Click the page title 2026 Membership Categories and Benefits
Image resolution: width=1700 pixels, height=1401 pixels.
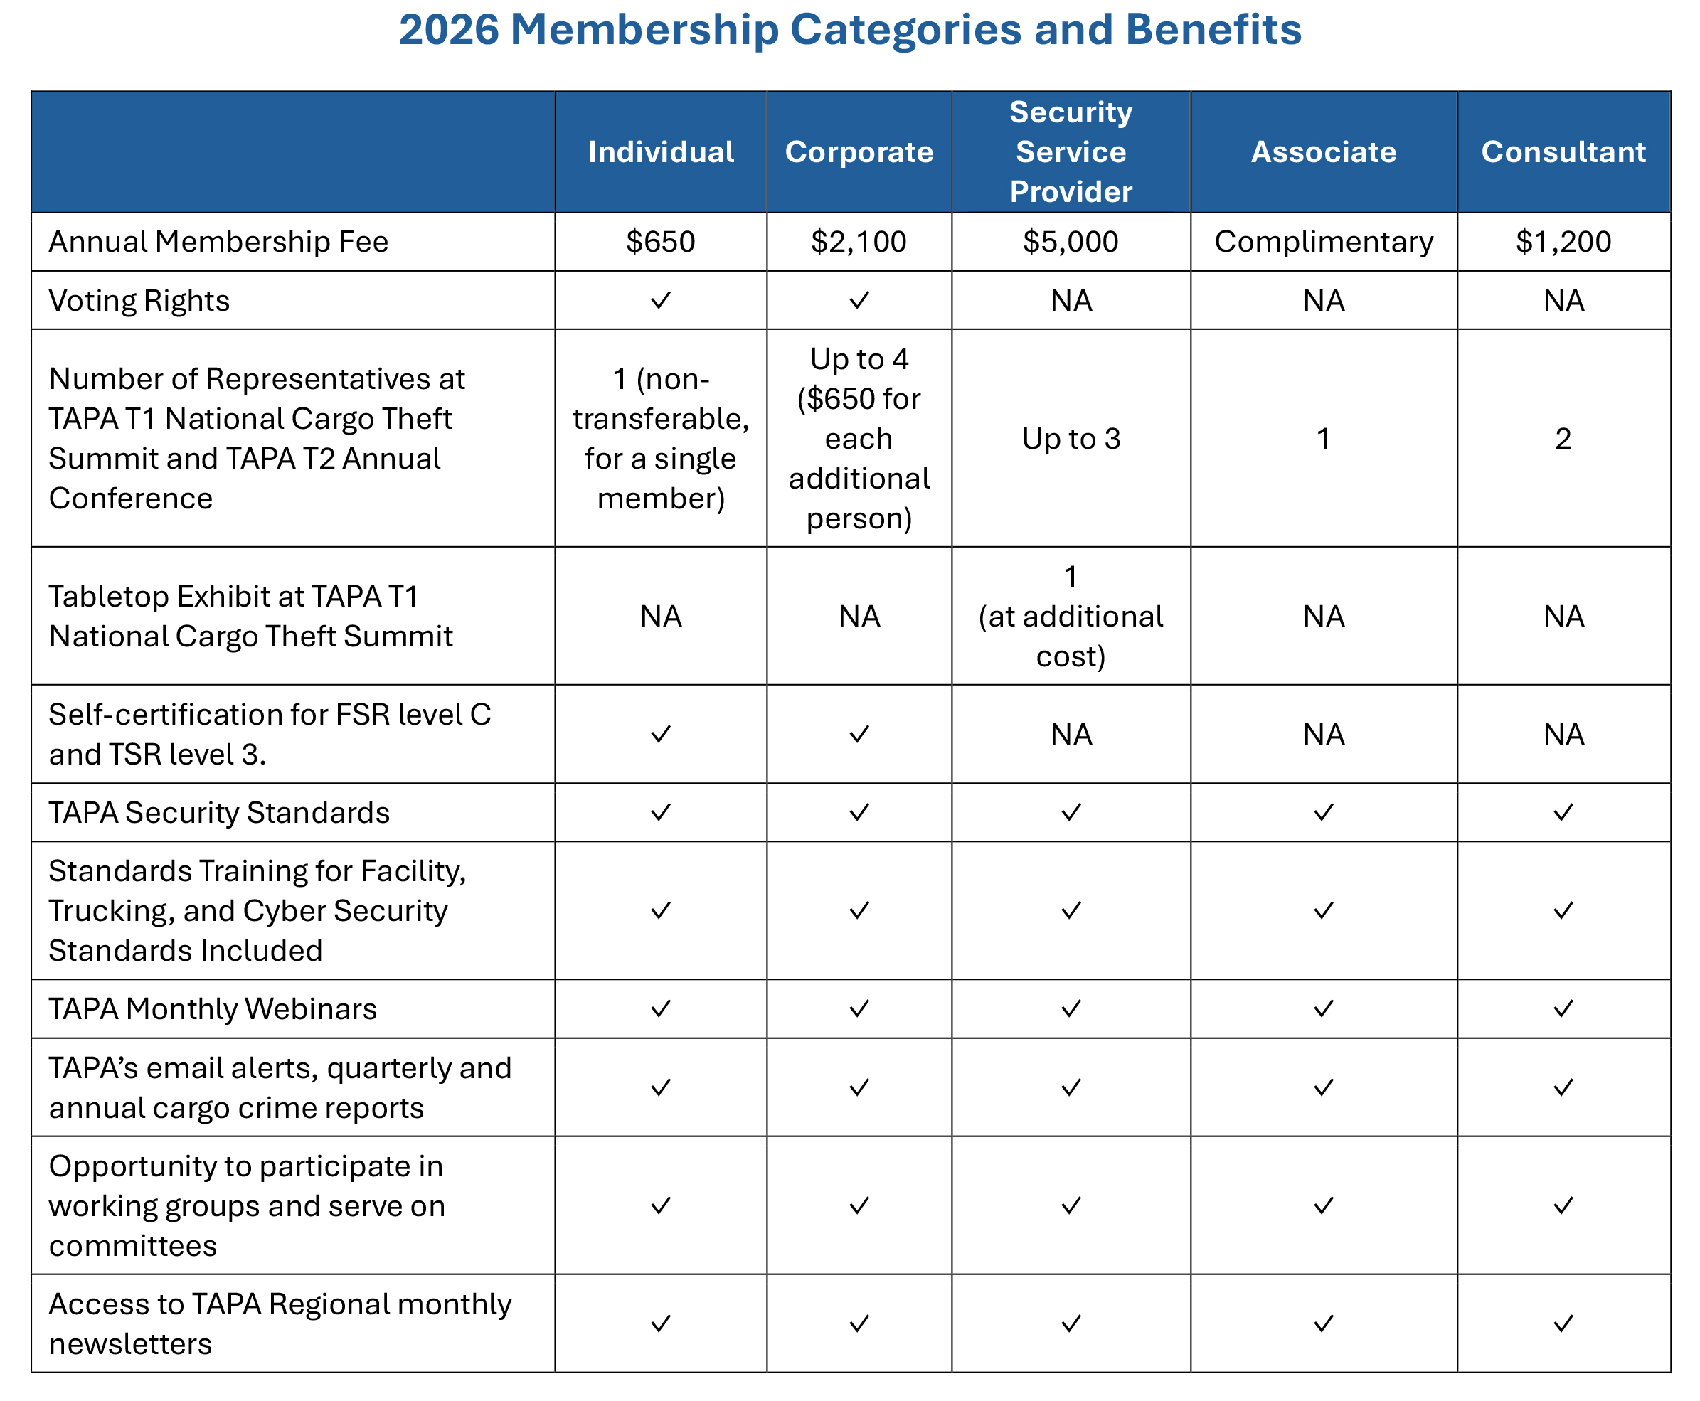[849, 31]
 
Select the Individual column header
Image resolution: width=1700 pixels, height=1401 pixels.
[660, 151]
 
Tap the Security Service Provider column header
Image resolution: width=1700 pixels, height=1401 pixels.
[1071, 151]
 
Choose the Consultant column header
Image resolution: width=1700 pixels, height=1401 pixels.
[1563, 151]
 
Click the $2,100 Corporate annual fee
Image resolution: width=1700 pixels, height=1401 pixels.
[858, 241]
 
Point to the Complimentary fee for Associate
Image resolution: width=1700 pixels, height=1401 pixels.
[1323, 241]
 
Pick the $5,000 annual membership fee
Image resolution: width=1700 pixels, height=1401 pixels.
[1071, 241]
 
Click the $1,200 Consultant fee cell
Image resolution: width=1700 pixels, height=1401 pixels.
[1563, 241]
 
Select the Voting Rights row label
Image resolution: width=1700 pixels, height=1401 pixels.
[139, 300]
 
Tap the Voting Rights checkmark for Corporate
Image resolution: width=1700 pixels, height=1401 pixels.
[859, 300]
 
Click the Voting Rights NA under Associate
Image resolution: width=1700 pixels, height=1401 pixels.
[1323, 300]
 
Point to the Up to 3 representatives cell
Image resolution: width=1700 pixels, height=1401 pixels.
[1071, 438]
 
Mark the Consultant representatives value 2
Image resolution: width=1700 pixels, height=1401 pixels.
[1563, 438]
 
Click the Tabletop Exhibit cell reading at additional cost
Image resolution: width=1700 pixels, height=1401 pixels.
[1071, 617]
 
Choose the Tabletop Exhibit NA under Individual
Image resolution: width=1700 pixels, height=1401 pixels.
[660, 617]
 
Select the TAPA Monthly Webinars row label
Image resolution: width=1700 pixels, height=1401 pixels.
[212, 1008]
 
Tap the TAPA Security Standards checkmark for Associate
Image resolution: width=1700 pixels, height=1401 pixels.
[1323, 812]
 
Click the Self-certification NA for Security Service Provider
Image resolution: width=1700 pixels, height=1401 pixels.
[1071, 735]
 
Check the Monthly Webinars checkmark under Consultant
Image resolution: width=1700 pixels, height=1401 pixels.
[1563, 1008]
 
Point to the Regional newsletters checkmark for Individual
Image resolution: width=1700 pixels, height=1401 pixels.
[660, 1323]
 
